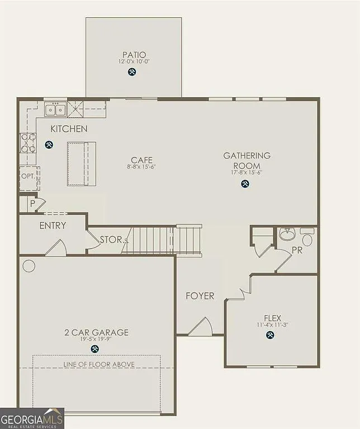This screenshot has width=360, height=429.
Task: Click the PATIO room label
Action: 134,55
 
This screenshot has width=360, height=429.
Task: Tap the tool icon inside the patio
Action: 132,71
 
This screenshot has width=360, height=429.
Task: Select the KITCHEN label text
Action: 69,129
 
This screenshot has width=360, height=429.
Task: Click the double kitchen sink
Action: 55,109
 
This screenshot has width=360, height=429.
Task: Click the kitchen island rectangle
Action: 82,164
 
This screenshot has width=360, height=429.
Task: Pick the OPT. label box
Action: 29,177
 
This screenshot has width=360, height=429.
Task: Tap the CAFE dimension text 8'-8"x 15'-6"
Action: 141,166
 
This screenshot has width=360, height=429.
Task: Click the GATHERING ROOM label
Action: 247,160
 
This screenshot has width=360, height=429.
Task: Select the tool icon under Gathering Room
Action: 245,184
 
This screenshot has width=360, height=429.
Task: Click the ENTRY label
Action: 53,226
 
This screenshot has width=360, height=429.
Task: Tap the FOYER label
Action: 200,296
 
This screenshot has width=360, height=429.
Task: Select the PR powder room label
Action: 297,251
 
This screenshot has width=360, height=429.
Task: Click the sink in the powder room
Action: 287,233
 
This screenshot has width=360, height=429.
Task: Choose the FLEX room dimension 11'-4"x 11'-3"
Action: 272,325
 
